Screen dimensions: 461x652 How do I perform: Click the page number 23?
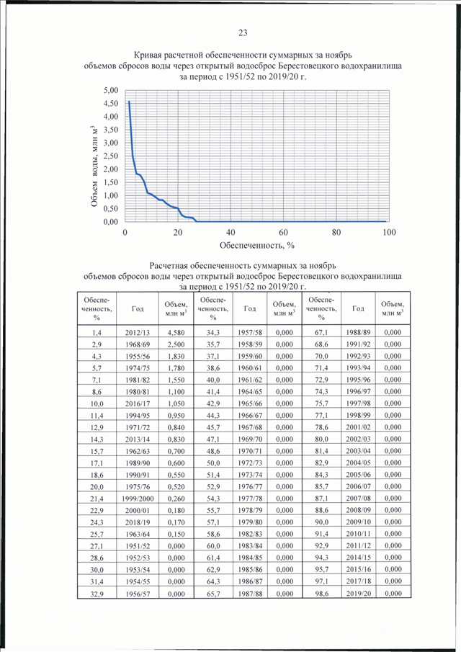(x=243, y=33)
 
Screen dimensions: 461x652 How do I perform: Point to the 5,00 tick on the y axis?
(x=110, y=90)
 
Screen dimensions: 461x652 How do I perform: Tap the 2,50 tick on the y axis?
(x=110, y=156)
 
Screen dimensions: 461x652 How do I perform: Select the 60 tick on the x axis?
(x=284, y=233)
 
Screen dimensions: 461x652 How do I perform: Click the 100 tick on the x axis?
(x=389, y=233)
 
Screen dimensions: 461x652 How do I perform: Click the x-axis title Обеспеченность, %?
(x=257, y=246)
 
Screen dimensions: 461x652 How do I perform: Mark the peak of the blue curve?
(x=129, y=101)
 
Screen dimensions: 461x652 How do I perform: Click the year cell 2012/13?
(x=137, y=333)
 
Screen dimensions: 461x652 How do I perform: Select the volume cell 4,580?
(x=176, y=333)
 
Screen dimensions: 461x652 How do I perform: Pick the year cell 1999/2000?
(x=138, y=499)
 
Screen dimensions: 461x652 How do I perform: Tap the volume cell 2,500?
(x=176, y=344)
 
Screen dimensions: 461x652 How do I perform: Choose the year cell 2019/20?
(x=358, y=594)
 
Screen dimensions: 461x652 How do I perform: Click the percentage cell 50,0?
(x=213, y=463)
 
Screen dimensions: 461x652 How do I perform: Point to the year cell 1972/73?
(x=250, y=463)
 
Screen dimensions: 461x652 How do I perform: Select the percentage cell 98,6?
(x=322, y=594)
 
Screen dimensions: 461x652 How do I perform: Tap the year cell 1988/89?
(x=358, y=332)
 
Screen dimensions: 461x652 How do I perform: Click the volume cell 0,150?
(x=176, y=534)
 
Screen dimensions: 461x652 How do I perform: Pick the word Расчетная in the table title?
(x=169, y=266)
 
